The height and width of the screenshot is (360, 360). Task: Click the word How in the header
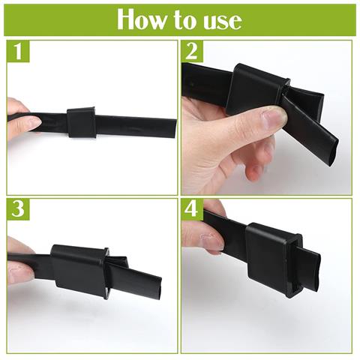[141, 20]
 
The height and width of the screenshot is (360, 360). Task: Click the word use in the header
[223, 22]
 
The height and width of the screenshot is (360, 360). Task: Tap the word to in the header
[184, 21]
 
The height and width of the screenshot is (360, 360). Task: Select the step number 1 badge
[18, 51]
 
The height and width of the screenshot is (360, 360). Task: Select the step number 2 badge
[192, 51]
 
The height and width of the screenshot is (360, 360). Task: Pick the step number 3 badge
[18, 209]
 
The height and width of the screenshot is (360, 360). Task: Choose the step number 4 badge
[192, 209]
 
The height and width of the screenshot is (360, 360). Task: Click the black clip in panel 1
[82, 122]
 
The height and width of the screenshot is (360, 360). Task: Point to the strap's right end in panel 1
[175, 128]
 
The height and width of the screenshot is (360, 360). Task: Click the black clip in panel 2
[257, 88]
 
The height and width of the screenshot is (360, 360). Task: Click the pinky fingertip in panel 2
[253, 172]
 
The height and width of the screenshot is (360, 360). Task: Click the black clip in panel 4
[274, 260]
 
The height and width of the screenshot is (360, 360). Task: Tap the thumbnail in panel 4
[212, 242]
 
